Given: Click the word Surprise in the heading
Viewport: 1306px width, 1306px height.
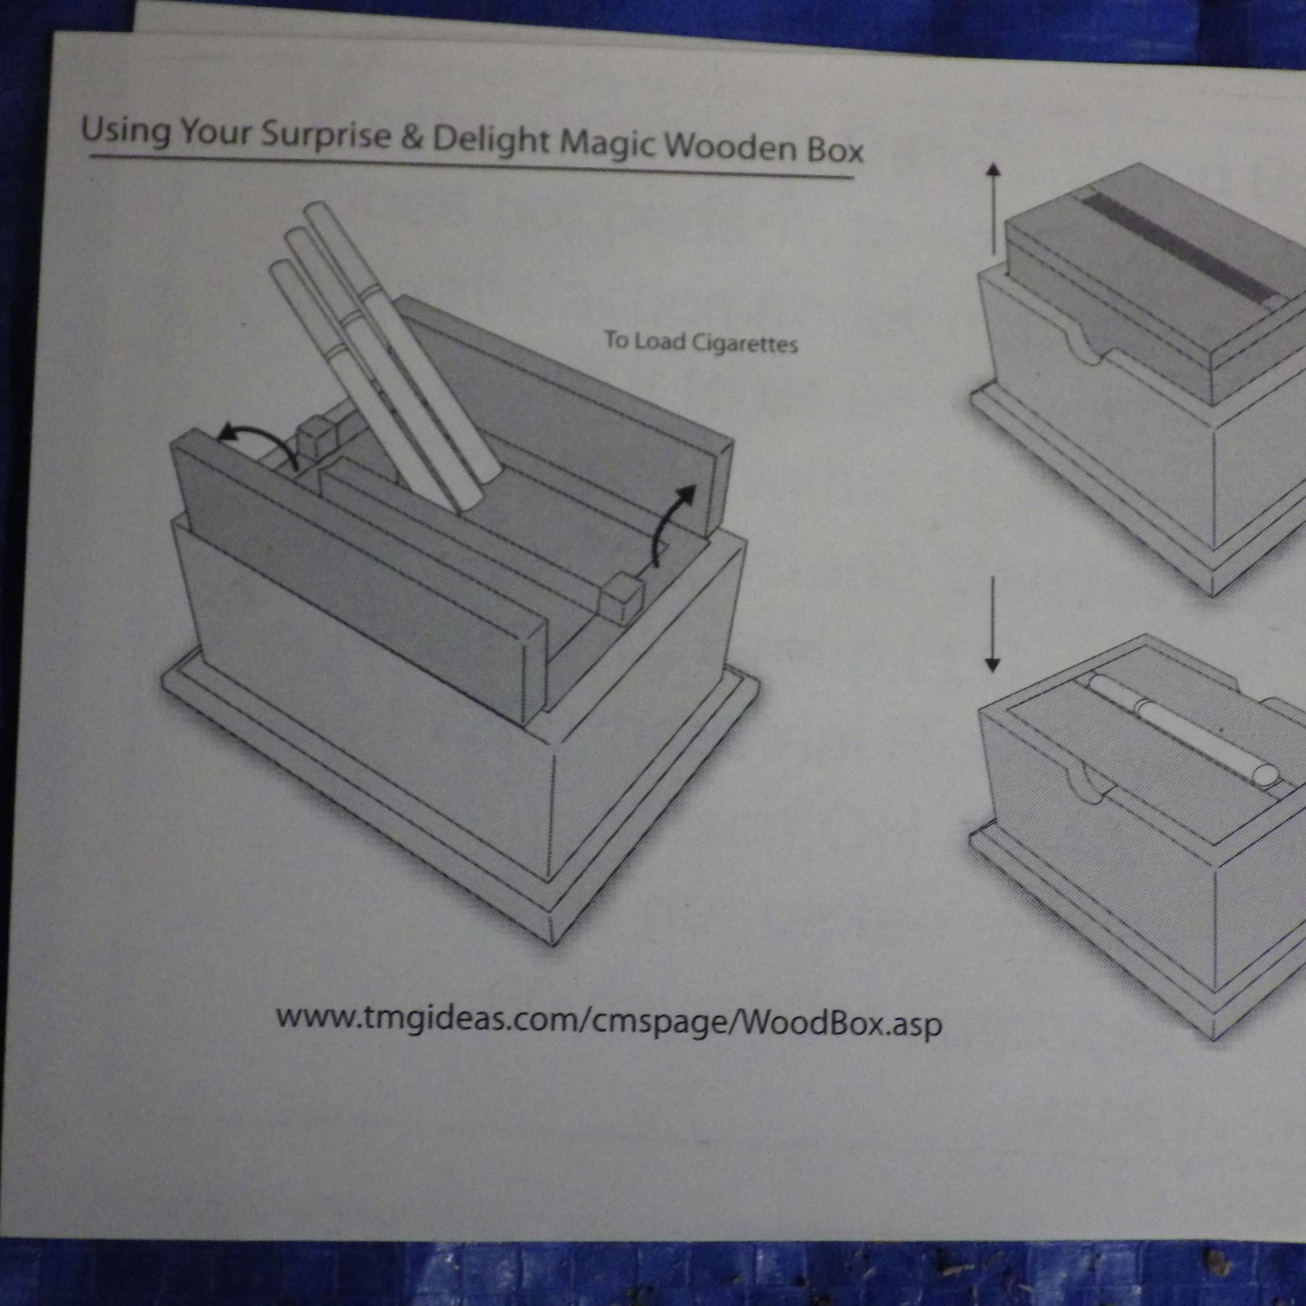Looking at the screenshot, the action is coord(325,135).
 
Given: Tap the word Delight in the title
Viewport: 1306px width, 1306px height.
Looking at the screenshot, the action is coord(491,141).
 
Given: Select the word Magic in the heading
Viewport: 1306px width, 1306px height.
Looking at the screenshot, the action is coord(605,145).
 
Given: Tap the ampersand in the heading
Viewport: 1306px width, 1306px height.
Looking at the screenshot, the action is coord(411,138).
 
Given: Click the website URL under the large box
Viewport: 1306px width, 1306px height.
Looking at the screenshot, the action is coord(609,1021).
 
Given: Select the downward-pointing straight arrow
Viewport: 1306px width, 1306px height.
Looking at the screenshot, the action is coord(993,625).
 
